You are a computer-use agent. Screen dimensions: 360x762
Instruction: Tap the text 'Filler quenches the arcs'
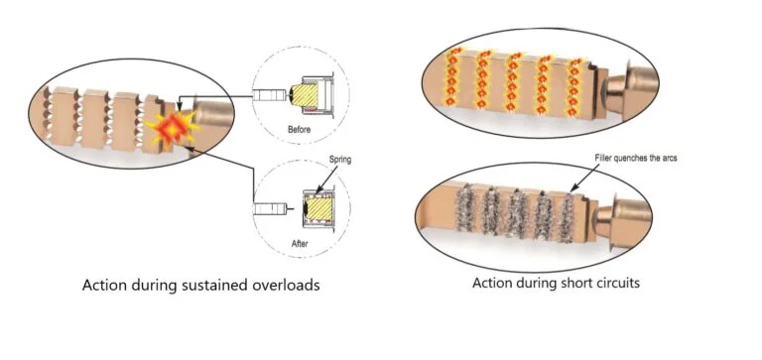point(636,159)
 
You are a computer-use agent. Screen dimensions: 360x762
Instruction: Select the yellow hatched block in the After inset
point(317,205)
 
